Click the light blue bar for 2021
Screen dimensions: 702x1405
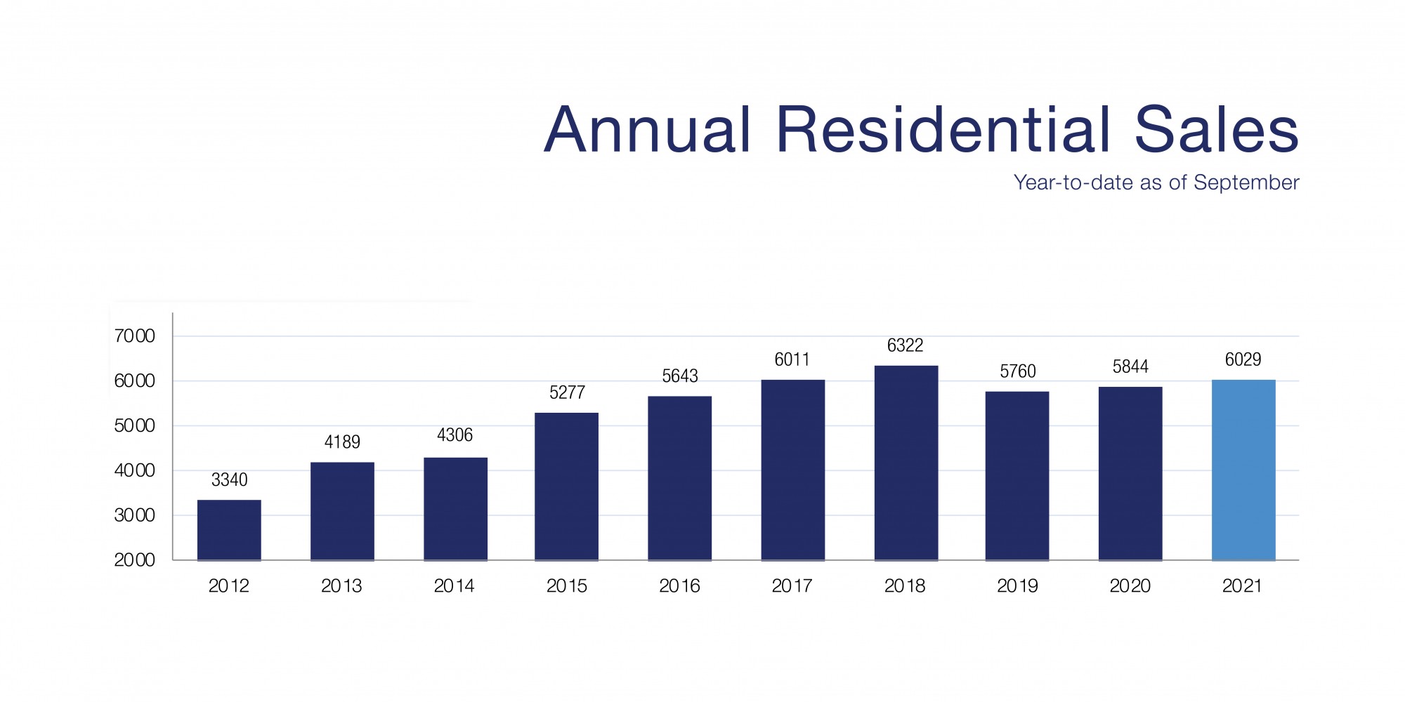[1243, 470]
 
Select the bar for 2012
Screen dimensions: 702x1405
[229, 530]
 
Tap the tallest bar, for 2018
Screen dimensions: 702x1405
[906, 463]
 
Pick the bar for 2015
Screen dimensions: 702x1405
[566, 486]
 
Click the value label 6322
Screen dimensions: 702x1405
[905, 345]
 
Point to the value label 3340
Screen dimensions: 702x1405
[229, 480]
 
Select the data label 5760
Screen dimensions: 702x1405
[1018, 371]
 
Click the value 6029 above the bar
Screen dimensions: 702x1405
[1243, 360]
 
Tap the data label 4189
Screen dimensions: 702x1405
[342, 442]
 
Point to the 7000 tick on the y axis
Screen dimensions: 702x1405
[134, 336]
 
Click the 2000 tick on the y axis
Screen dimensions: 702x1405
[134, 560]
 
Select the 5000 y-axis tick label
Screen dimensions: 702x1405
[134, 426]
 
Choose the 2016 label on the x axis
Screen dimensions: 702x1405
[679, 586]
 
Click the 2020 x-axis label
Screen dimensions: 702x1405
[1130, 586]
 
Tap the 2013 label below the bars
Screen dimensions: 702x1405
[341, 586]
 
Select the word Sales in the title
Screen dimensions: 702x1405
[1216, 130]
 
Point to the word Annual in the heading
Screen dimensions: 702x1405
[648, 130]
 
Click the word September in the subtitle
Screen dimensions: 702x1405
[1246, 183]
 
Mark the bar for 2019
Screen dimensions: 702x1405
[1017, 476]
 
